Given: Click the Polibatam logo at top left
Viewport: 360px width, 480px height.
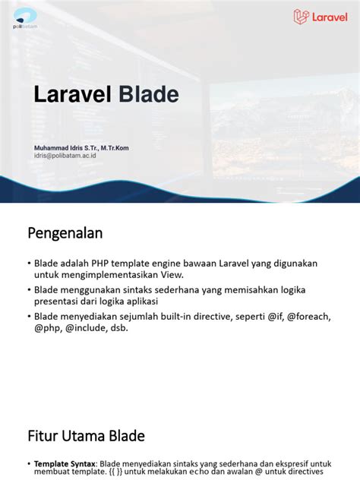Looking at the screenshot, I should tap(24, 17).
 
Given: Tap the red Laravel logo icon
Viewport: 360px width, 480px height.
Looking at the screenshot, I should tap(302, 17).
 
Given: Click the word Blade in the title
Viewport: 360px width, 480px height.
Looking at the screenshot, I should tap(147, 95).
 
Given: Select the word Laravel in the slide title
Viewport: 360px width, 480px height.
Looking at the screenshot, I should tap(72, 95).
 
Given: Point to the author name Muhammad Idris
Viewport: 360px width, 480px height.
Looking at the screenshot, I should tap(62, 147).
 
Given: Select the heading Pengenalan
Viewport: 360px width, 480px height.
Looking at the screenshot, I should tap(65, 232).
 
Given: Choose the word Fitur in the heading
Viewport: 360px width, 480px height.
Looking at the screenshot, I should tap(44, 436).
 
